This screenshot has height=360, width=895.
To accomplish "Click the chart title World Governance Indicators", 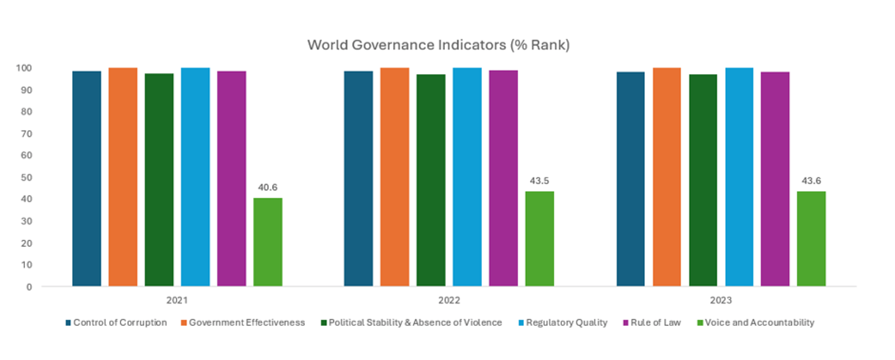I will click(438, 45).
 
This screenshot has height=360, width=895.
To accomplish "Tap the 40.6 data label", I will click(268, 187).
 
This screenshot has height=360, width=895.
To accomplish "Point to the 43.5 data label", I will click(539, 181).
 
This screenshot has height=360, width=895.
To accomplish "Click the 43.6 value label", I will click(811, 181).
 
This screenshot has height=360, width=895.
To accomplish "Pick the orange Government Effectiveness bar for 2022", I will click(394, 177).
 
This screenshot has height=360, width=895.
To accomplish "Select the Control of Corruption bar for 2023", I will click(631, 179).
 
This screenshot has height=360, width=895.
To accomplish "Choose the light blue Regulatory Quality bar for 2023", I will click(739, 177).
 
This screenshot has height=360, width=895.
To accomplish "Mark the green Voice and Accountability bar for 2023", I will click(811, 238).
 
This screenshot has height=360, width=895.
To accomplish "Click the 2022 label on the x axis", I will click(449, 300).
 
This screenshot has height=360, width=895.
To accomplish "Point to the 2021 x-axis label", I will click(177, 300).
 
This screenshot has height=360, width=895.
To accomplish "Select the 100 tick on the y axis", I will click(24, 68).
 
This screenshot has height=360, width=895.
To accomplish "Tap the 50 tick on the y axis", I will click(26, 178).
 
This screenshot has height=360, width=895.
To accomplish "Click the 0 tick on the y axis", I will click(29, 287).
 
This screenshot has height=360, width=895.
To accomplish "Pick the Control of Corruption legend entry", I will click(116, 323).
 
